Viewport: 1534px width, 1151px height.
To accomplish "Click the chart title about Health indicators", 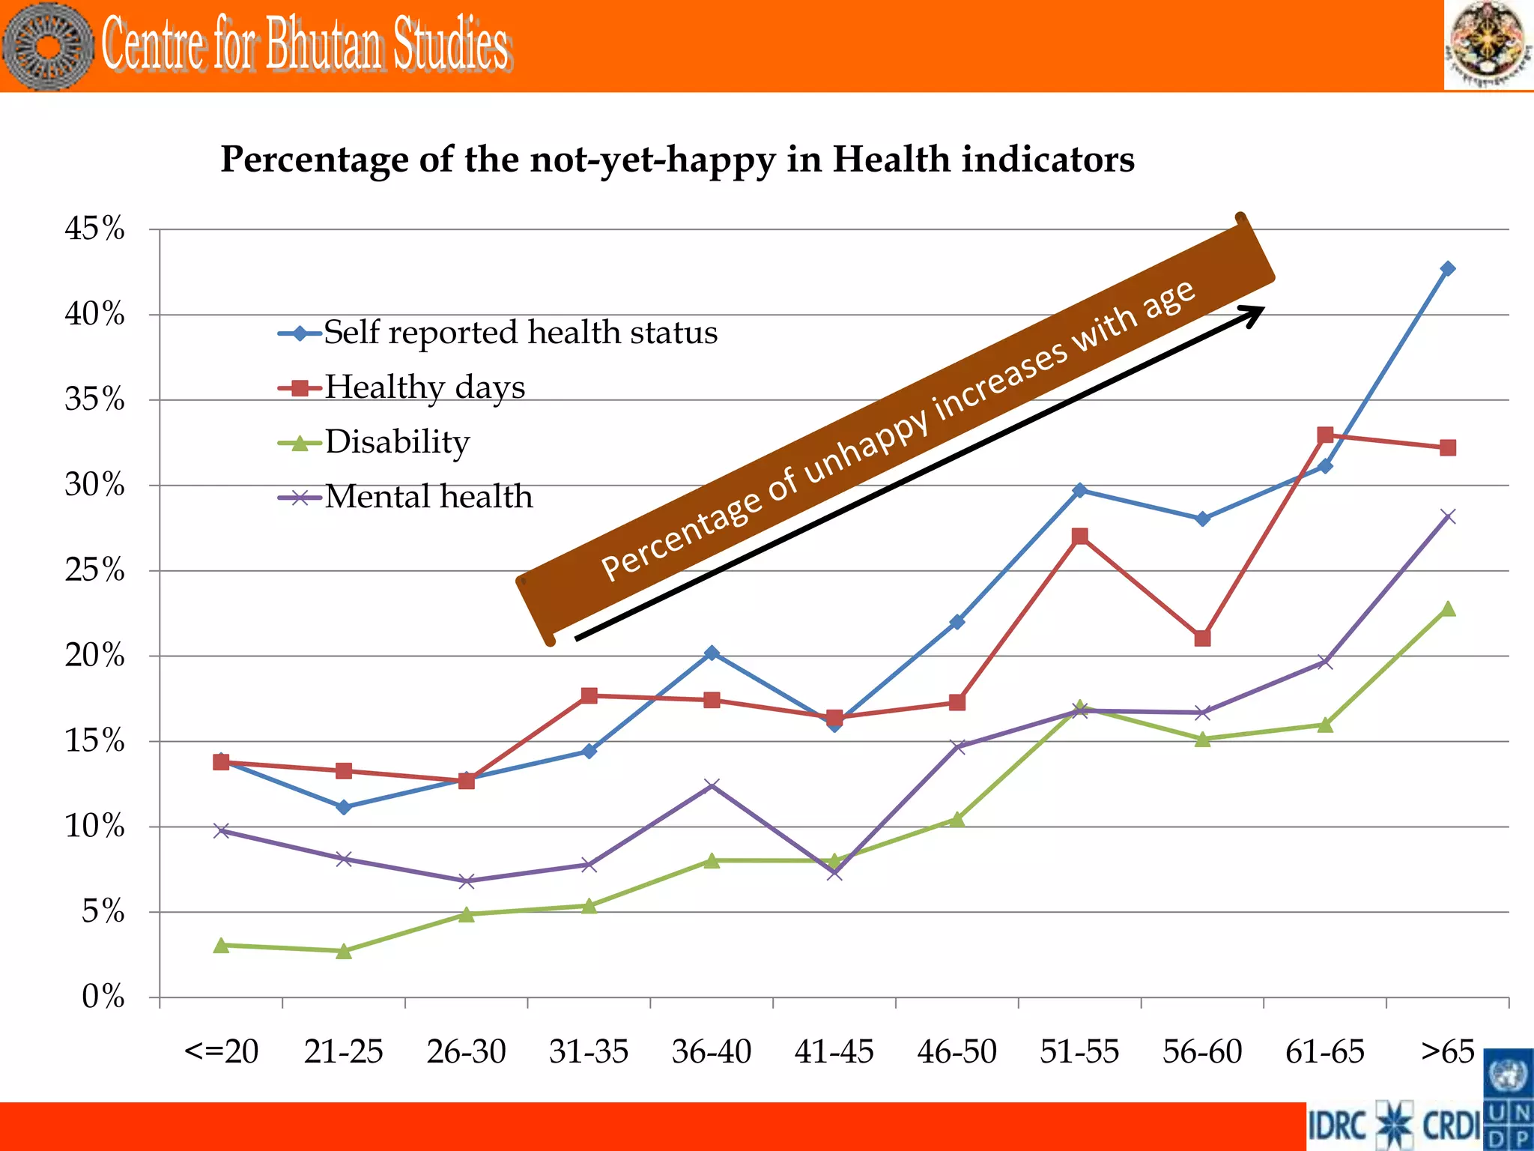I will [677, 160].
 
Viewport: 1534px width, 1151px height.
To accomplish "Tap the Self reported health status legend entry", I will [520, 333].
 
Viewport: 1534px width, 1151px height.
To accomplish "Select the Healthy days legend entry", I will [424, 387].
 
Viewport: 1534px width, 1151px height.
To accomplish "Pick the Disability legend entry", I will [396, 442].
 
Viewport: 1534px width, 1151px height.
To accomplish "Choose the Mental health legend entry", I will [428, 497].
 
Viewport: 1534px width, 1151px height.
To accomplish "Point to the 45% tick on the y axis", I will [95, 229].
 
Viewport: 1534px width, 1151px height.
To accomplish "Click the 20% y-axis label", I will [95, 656].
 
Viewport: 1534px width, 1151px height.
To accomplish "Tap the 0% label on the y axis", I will [103, 997].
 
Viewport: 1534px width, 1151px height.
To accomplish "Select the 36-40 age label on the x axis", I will [712, 1052].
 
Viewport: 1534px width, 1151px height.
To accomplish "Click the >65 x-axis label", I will [1447, 1052].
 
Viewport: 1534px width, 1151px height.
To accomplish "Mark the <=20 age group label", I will [221, 1052].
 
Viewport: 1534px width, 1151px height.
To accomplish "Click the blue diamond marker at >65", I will [1448, 268].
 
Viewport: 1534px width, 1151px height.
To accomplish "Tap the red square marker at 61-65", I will [1325, 435].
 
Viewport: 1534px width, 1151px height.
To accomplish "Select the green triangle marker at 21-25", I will [344, 951].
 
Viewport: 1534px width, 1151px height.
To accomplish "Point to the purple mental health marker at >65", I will [1448, 516].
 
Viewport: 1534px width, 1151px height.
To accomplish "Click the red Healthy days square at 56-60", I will [1202, 638].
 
